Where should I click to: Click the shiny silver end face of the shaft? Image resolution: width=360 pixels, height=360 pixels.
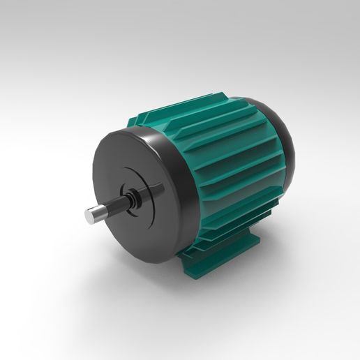(91, 217)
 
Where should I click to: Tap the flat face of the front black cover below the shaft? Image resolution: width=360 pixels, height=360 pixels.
(140, 234)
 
